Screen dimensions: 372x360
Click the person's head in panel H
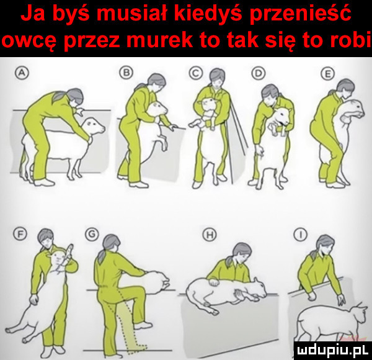(241, 253)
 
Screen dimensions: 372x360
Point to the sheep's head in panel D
(281, 116)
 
